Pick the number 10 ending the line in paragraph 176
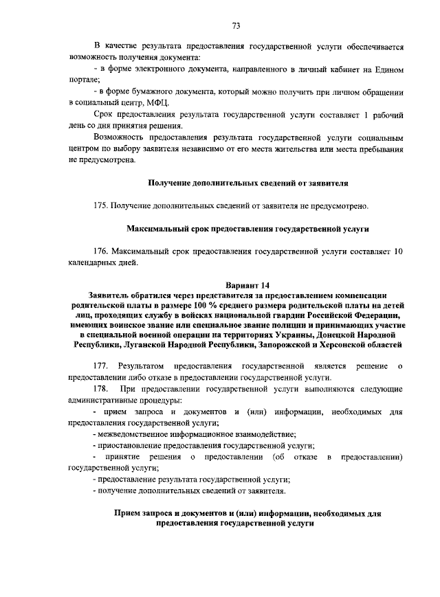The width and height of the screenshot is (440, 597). [398, 251]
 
